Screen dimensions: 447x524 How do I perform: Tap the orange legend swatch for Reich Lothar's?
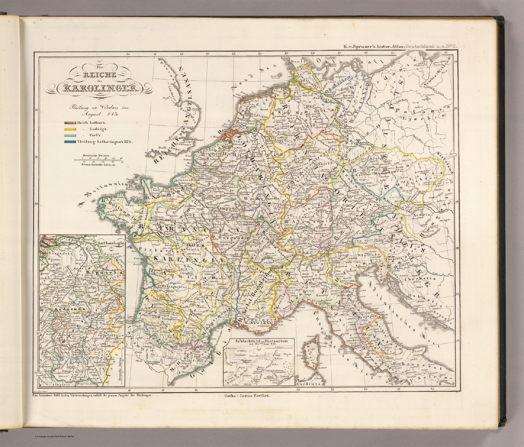[x=70, y=122]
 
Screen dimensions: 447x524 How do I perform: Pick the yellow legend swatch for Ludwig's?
[x=70, y=129]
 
